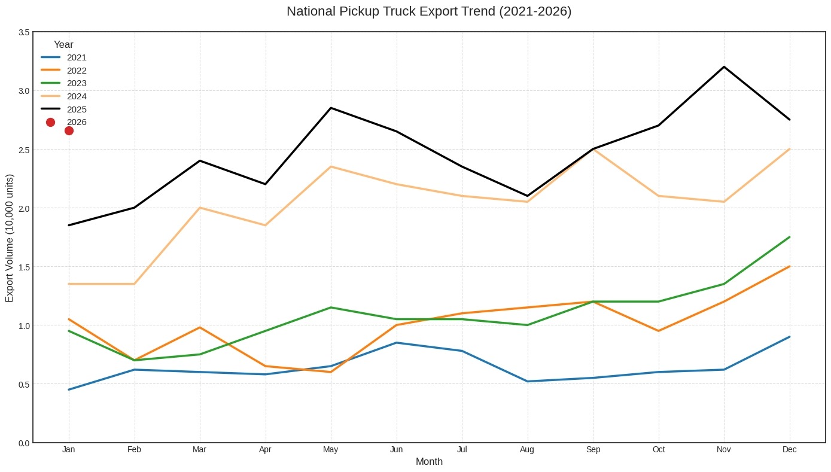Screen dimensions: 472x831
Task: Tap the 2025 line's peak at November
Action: (724, 67)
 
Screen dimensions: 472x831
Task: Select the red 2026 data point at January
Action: (69, 130)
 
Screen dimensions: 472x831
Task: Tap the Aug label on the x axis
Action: (527, 450)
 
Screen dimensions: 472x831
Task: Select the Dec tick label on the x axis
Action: (789, 450)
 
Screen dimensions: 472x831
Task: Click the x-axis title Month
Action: (429, 462)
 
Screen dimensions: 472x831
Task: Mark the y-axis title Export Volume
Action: (10, 238)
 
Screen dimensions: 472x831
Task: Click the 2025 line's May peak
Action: (331, 108)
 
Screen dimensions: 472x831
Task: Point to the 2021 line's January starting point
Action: (69, 389)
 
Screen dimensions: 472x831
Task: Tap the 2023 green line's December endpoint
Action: (789, 237)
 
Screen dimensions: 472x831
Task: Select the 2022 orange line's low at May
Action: (331, 372)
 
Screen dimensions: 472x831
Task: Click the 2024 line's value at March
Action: (200, 208)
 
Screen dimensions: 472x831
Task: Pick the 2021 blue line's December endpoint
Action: (789, 337)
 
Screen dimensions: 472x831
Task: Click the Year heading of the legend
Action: (63, 44)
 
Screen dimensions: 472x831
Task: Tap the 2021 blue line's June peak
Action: (396, 343)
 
